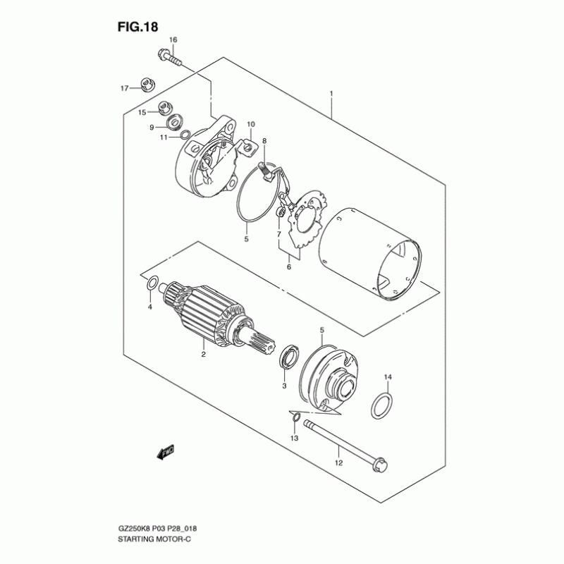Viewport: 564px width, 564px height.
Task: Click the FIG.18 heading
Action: point(137,27)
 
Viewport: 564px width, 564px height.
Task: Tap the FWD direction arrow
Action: point(166,452)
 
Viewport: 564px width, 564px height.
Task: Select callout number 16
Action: point(173,39)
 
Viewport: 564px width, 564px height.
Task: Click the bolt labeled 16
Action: point(170,59)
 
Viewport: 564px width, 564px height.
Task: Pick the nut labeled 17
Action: point(147,85)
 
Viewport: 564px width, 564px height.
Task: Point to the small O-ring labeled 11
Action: point(185,135)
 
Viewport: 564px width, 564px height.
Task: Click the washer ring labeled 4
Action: point(152,283)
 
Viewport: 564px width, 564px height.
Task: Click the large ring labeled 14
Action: point(381,406)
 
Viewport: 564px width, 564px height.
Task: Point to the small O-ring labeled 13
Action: point(296,417)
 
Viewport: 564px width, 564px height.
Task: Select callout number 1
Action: point(331,94)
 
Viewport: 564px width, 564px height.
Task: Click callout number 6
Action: point(289,267)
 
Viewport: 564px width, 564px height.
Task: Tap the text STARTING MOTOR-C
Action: point(154,539)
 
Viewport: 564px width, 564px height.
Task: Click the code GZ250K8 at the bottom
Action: point(134,529)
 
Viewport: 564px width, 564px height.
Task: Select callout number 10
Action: point(251,125)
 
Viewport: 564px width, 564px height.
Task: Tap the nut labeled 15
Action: point(165,107)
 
